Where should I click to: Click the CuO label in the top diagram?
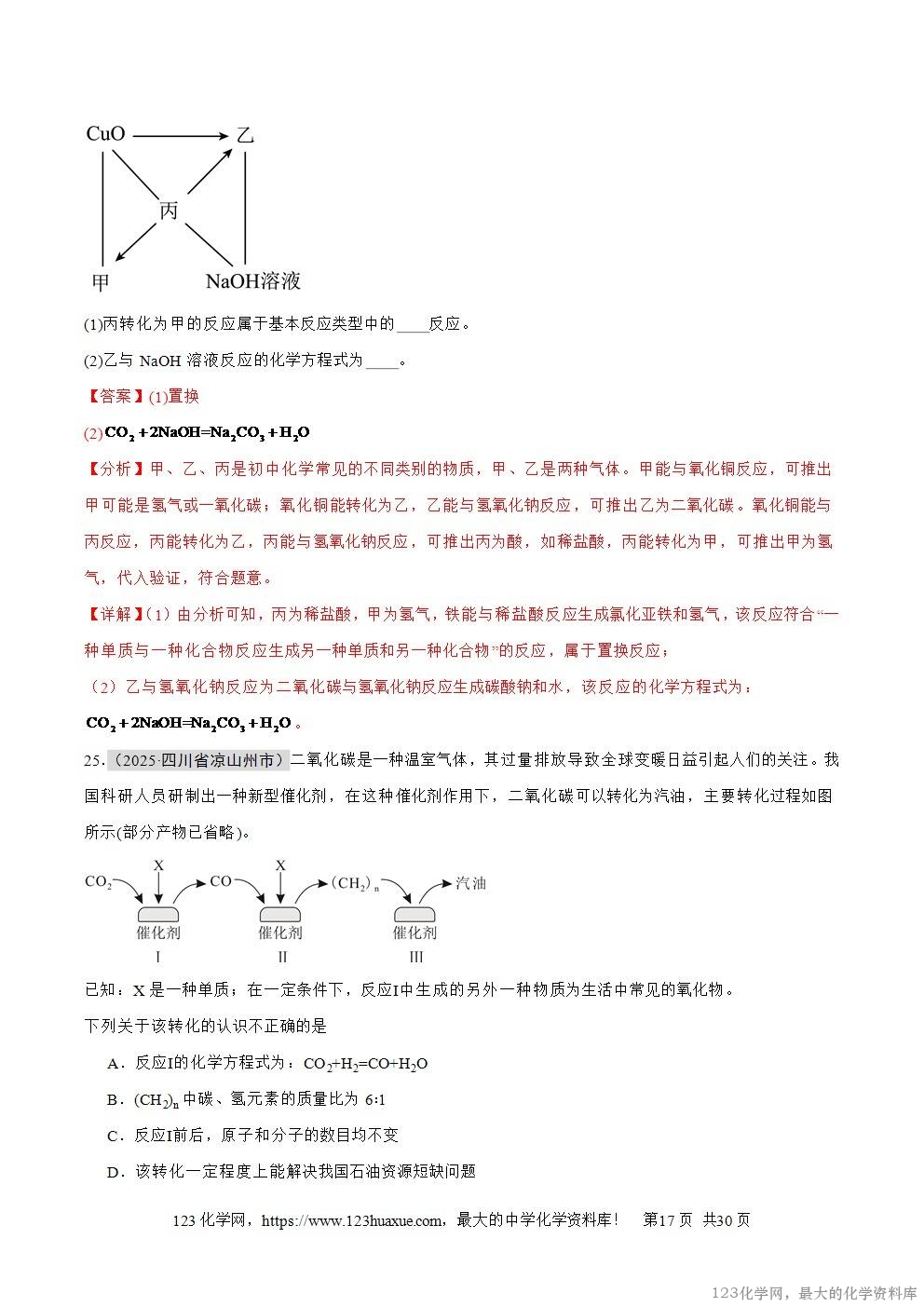105,134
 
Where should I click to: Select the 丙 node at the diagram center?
169,211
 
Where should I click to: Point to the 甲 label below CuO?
101,280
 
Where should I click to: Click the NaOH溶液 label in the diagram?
252,280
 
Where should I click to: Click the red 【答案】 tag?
115,397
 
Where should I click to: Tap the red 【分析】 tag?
115,469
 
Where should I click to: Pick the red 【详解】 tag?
115,614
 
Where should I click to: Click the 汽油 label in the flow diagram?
470,882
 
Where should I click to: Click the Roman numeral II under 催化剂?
281,957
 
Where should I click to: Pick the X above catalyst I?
158,865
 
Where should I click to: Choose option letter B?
115,1100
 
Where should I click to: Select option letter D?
115,1172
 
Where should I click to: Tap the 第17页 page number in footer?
667,1220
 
